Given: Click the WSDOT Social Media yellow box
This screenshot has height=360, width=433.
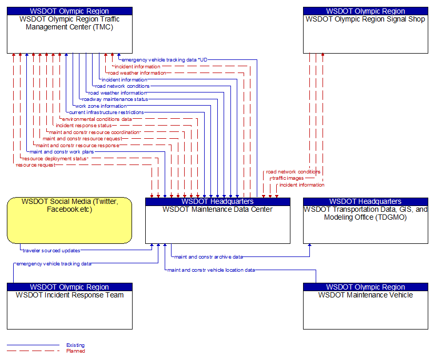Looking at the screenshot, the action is (69, 220).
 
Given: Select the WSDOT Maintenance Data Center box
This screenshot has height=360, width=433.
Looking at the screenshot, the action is (218, 221).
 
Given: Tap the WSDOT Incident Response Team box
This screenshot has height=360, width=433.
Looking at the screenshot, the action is (69, 306).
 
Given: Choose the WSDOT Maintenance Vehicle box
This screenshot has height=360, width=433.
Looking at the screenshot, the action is (366, 306).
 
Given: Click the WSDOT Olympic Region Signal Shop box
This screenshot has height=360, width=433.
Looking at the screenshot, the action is (366, 30).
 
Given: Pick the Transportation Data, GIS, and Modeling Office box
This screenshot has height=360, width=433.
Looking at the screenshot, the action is (366, 221).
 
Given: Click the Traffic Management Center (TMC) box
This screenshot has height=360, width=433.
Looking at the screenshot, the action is (69, 30).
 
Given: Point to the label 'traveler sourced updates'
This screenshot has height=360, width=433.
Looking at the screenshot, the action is (52, 251).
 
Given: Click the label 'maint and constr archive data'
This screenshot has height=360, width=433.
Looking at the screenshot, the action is (208, 257).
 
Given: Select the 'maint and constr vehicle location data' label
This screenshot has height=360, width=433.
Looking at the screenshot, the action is (212, 270).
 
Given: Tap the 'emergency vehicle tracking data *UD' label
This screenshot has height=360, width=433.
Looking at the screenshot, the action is (165, 60).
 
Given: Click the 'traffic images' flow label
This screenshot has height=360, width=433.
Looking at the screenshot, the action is (288, 178).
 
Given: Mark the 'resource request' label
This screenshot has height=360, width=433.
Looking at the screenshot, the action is (36, 165).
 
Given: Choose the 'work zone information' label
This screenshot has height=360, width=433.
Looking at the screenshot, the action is (101, 106).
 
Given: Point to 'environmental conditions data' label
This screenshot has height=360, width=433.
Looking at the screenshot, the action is (97, 119).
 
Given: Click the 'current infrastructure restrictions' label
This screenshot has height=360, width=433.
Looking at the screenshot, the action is (106, 112).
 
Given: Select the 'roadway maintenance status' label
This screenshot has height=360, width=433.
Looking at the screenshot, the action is (115, 99).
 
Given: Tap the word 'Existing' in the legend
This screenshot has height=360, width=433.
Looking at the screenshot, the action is (75, 345).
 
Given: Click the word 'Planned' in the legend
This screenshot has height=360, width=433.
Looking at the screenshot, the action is (76, 351).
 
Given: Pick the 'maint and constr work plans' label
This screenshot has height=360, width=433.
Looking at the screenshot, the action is (62, 152).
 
